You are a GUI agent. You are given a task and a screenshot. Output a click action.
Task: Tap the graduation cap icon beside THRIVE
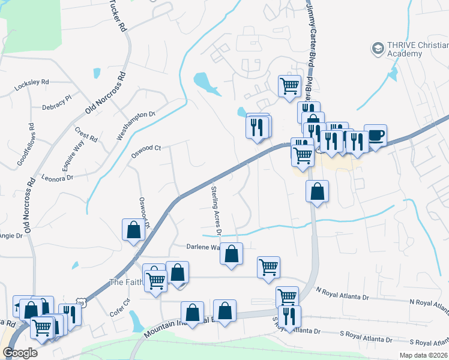click(378, 48)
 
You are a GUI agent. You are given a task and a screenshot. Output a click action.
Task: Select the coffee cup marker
click(375, 136)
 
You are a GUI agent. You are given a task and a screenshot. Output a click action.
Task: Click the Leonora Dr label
click(57, 178)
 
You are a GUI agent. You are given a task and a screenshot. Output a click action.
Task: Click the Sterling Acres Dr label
click(216, 210)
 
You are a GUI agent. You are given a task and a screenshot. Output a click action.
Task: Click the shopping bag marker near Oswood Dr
click(133, 230)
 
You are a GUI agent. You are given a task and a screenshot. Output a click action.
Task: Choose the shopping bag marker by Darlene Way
click(232, 254)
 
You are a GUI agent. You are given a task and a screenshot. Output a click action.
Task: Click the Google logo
click(20, 353)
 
